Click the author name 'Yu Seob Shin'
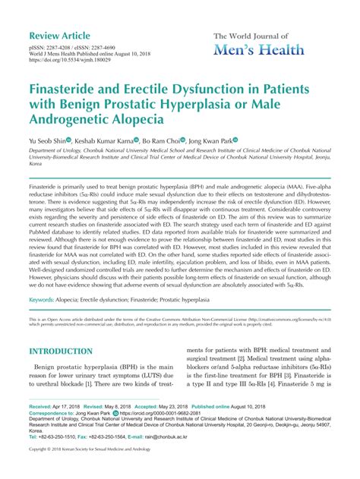[51, 140]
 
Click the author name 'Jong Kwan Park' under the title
[236, 140]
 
